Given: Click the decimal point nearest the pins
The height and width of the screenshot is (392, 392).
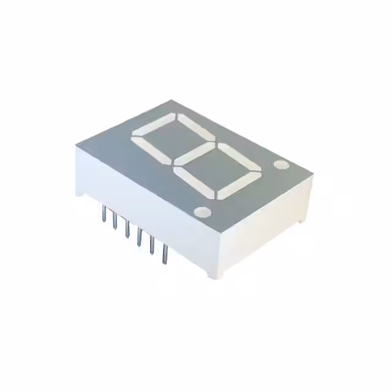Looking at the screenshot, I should pos(202,213).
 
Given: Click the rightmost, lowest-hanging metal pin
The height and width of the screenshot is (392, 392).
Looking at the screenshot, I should pos(164,254).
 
